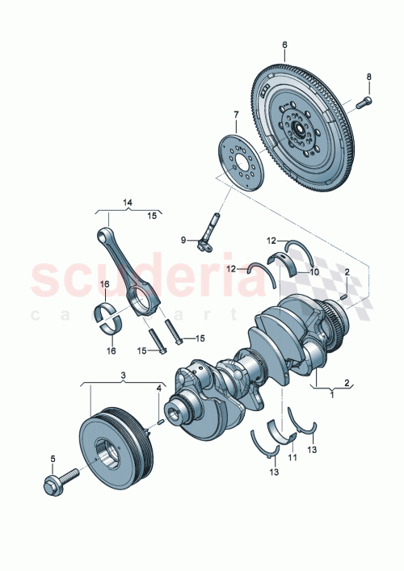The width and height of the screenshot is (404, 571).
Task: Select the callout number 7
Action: (x=237, y=115)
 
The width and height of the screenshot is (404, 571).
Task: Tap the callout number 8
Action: (x=369, y=78)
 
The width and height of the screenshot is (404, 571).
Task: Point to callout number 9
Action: (x=183, y=239)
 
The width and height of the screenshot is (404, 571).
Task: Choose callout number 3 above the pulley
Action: (x=123, y=376)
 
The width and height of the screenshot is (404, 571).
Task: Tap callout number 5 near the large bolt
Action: (x=53, y=460)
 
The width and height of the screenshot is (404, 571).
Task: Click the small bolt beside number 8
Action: (x=362, y=102)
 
